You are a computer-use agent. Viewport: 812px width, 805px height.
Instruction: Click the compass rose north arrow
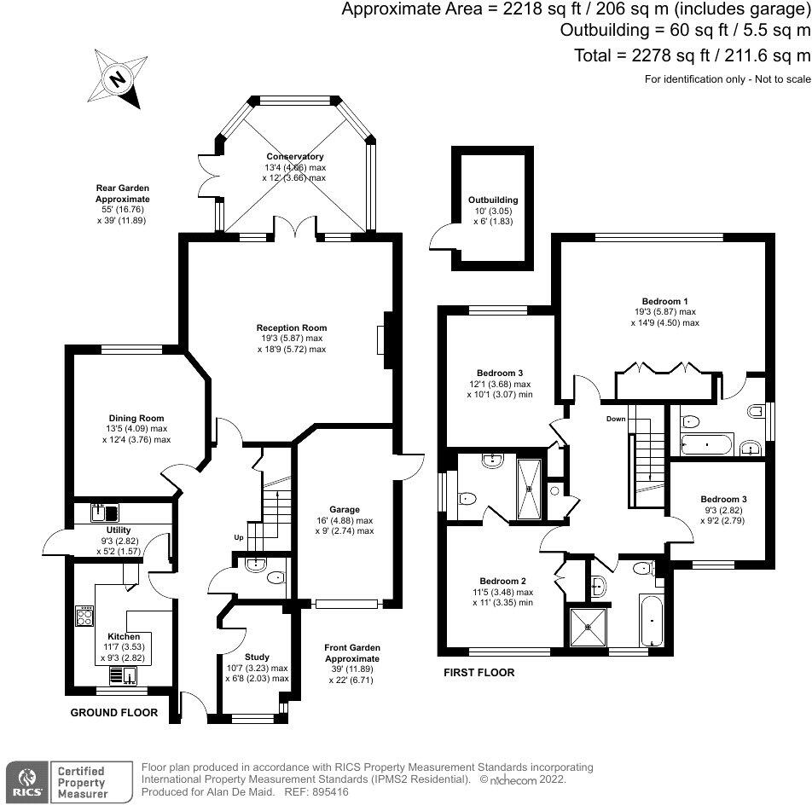pyautogui.click(x=119, y=79)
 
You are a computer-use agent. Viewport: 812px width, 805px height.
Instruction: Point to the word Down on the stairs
pyautogui.click(x=616, y=419)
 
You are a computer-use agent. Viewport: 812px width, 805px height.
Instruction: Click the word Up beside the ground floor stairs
pyautogui.click(x=239, y=537)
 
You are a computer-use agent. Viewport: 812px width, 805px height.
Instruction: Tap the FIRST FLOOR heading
pyautogui.click(x=478, y=673)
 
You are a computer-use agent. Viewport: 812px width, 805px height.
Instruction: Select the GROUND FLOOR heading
pyautogui.click(x=113, y=712)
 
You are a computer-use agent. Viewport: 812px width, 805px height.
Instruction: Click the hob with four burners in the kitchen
pyautogui.click(x=85, y=616)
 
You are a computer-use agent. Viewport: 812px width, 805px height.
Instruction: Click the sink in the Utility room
pyautogui.click(x=107, y=513)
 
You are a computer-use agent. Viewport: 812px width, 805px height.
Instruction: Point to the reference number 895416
pyautogui.click(x=335, y=792)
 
